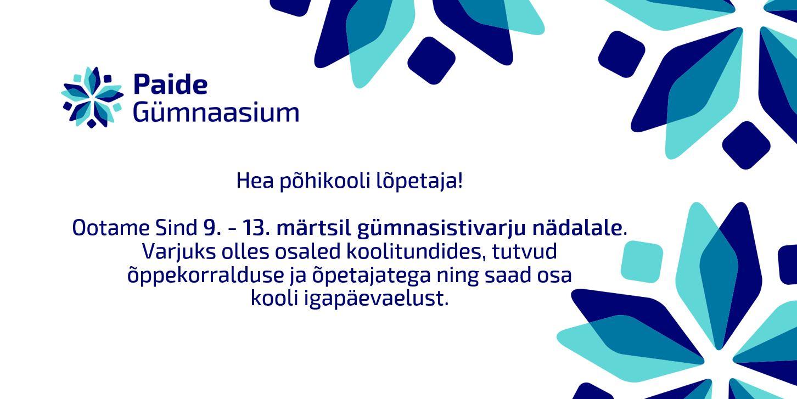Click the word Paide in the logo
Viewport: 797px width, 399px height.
tap(170, 84)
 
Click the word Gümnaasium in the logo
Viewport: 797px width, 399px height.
tap(216, 113)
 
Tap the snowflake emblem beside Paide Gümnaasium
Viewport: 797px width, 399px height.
tap(93, 97)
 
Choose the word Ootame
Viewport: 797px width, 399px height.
tap(111, 228)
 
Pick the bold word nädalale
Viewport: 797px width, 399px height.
tap(577, 228)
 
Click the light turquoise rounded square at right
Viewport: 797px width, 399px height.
tap(642, 262)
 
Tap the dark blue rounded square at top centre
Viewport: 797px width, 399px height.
tap(431, 60)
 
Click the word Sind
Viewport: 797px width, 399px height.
tap(176, 228)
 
